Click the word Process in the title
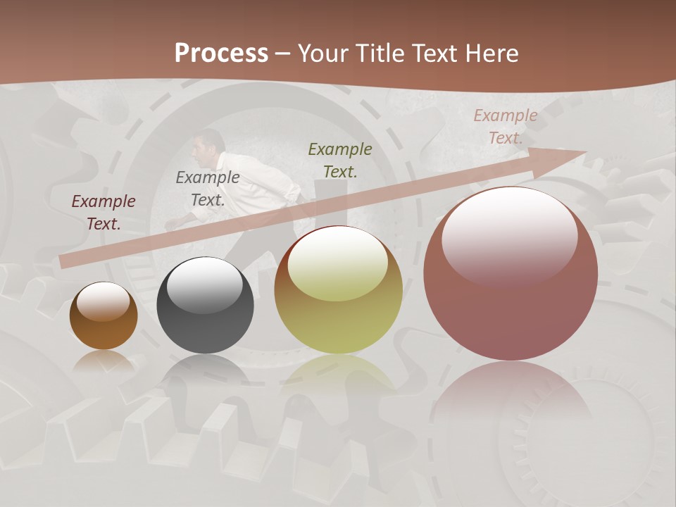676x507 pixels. pyautogui.click(x=221, y=54)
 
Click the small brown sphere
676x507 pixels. pyautogui.click(x=104, y=316)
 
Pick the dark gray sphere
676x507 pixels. pyautogui.click(x=205, y=306)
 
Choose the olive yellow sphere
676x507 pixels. pyautogui.click(x=338, y=290)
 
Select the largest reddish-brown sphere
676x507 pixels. pyautogui.click(x=511, y=275)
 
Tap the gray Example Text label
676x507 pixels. pyautogui.click(x=208, y=189)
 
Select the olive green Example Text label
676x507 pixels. pyautogui.click(x=340, y=160)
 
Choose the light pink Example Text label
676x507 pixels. pyautogui.click(x=506, y=127)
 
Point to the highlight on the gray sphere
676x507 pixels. pyautogui.click(x=204, y=283)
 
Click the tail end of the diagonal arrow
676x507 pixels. pyautogui.click(x=65, y=261)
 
